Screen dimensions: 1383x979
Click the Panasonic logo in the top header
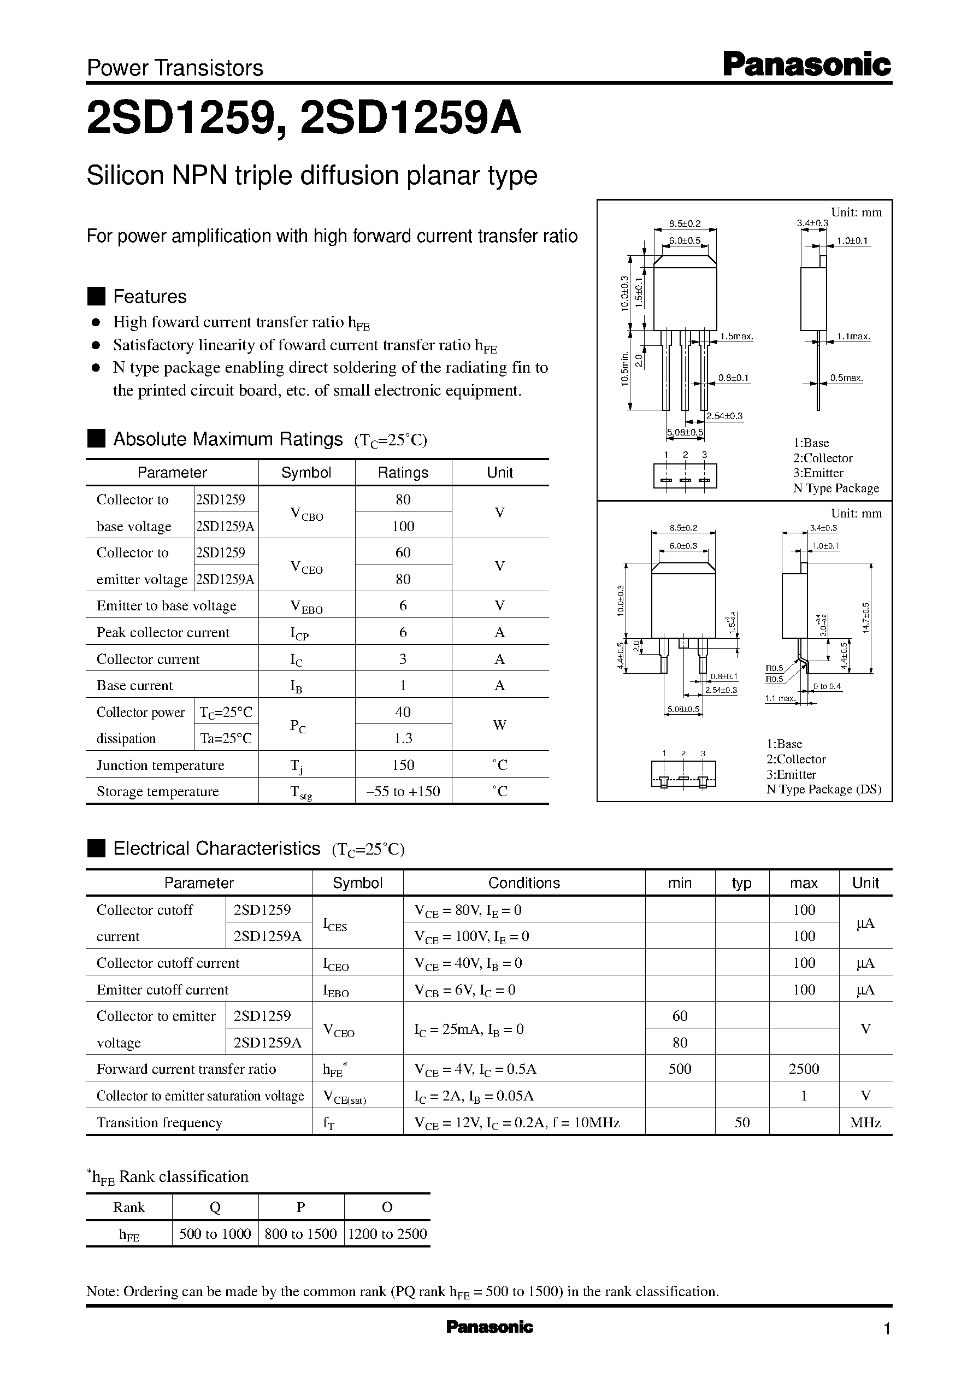pyautogui.click(x=806, y=64)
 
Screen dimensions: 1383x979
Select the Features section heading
pyautogui.click(x=150, y=297)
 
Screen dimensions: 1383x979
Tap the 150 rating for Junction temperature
pyautogui.click(x=403, y=765)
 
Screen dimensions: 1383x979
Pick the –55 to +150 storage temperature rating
pyautogui.click(x=403, y=792)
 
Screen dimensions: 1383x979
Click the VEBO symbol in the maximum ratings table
pyautogui.click(x=306, y=607)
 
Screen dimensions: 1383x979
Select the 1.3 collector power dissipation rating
pyautogui.click(x=403, y=739)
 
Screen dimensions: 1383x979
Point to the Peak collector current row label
pyautogui.click(x=163, y=632)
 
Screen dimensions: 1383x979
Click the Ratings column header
pyautogui.click(x=403, y=473)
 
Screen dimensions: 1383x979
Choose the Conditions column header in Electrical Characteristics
pyautogui.click(x=524, y=883)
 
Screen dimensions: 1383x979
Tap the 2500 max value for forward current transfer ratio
pyautogui.click(x=804, y=1069)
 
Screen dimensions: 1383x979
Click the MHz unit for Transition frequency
pyautogui.click(x=865, y=1122)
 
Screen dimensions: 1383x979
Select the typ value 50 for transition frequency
pyautogui.click(x=742, y=1122)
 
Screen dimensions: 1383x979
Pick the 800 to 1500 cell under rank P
pyautogui.click(x=301, y=1234)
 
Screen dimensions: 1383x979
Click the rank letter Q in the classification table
pyautogui.click(x=215, y=1207)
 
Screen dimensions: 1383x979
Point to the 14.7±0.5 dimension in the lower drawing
pyautogui.click(x=866, y=617)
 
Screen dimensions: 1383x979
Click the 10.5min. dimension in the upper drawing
pyautogui.click(x=625, y=368)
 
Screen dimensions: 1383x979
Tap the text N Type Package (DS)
pyautogui.click(x=823, y=789)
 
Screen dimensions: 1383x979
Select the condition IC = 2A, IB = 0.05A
pyautogui.click(x=474, y=1096)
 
